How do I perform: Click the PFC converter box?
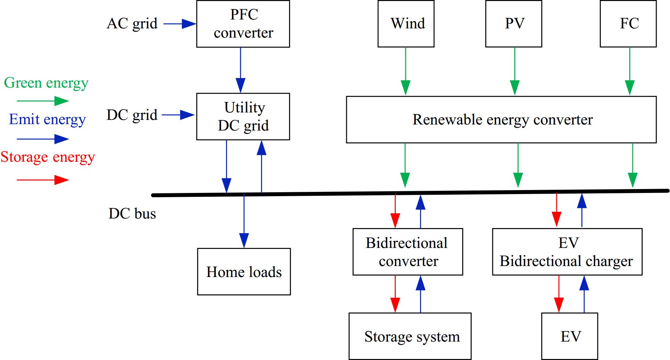pyautogui.click(x=243, y=24)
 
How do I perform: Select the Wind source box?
pyautogui.click(x=406, y=24)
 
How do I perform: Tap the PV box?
pyautogui.click(x=514, y=24)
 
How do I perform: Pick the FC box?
pyautogui.click(x=628, y=24)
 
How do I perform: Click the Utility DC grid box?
pyautogui.click(x=243, y=116)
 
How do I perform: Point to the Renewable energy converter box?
pyautogui.click(x=501, y=120)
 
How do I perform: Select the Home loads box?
pyautogui.click(x=244, y=272)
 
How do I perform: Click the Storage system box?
pyautogui.click(x=410, y=336)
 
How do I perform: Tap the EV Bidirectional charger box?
pyautogui.click(x=567, y=252)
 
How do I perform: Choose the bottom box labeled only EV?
pyautogui.click(x=569, y=336)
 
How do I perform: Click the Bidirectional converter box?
pyautogui.click(x=408, y=252)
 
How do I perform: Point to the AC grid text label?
pyautogui.click(x=132, y=24)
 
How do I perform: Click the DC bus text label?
pyautogui.click(x=132, y=214)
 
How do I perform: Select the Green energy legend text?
pyautogui.click(x=46, y=83)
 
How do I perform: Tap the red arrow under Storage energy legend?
pyautogui.click(x=43, y=180)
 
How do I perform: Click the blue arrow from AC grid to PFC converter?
pyautogui.click(x=179, y=24)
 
